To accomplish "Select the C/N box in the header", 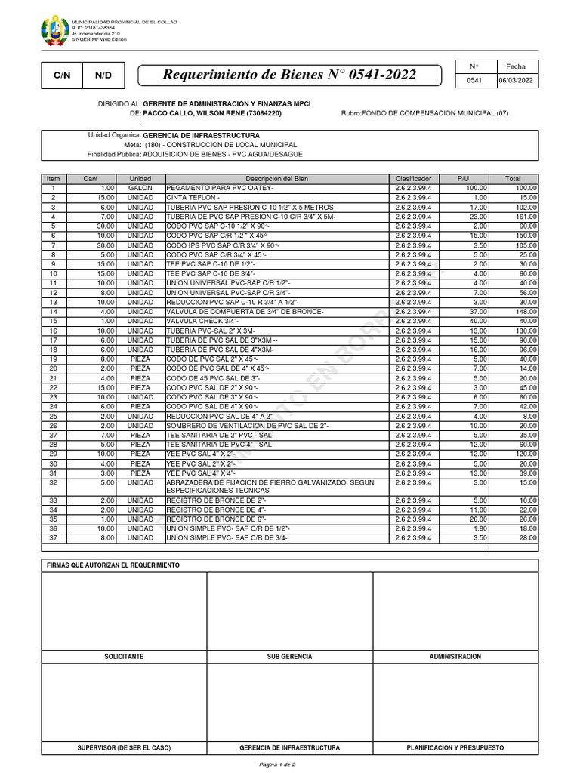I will click(x=61, y=75).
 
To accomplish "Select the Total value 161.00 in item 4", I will click(x=526, y=216).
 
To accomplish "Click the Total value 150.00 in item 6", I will click(x=526, y=235).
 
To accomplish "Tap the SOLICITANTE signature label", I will click(x=124, y=657).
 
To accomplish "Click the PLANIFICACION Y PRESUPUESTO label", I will click(x=455, y=747).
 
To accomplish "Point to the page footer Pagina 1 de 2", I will click(x=289, y=765).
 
